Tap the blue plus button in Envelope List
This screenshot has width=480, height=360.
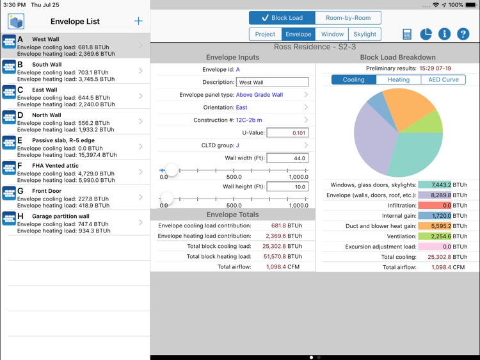(138, 21)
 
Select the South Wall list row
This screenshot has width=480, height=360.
(75, 71)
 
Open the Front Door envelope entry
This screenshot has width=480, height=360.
(75, 197)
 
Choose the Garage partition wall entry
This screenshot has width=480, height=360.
(75, 223)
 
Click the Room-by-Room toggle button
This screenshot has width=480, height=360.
(348, 18)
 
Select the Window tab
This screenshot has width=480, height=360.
(332, 35)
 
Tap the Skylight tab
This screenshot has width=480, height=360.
(365, 35)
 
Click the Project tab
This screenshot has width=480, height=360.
(265, 35)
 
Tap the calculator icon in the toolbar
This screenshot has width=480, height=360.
(407, 35)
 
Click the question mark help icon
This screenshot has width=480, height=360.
(463, 35)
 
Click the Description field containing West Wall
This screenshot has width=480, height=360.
(273, 82)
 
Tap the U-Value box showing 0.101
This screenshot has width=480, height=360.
(287, 133)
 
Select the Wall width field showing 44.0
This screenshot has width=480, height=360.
(287, 158)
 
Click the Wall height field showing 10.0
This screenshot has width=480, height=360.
(287, 187)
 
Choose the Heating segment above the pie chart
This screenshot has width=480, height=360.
(398, 80)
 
